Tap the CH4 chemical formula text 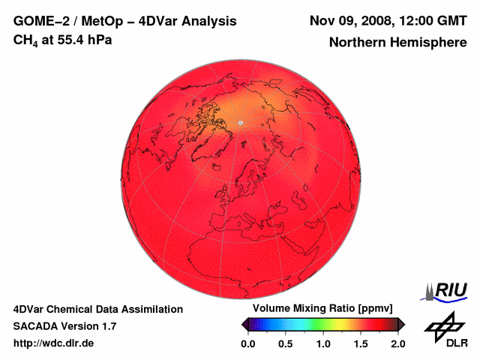click(26, 40)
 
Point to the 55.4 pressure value click(71, 39)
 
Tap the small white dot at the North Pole click(240, 123)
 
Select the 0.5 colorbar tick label click(285, 343)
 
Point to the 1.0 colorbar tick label click(322, 343)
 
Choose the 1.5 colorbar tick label click(360, 343)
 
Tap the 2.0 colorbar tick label click(397, 343)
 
